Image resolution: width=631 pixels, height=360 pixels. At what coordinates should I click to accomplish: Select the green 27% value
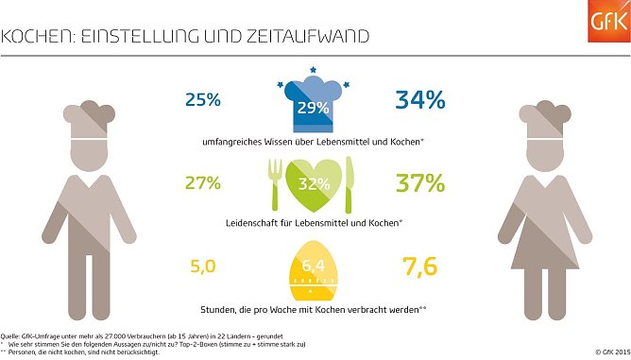point(203,182)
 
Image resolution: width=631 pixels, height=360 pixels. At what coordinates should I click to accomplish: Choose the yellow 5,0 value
point(203,267)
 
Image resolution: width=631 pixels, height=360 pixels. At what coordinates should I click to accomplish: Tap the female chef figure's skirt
point(553,249)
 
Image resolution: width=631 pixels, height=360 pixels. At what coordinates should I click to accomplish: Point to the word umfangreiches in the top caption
point(230,142)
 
